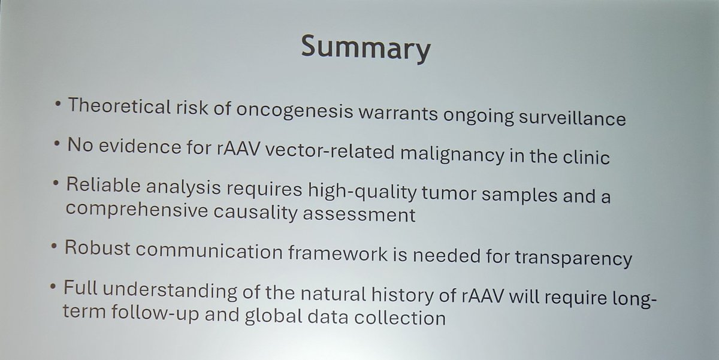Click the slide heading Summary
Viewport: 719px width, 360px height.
coord(365,48)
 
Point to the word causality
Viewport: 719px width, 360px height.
coord(264,213)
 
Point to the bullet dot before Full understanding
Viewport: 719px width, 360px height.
coord(55,288)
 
